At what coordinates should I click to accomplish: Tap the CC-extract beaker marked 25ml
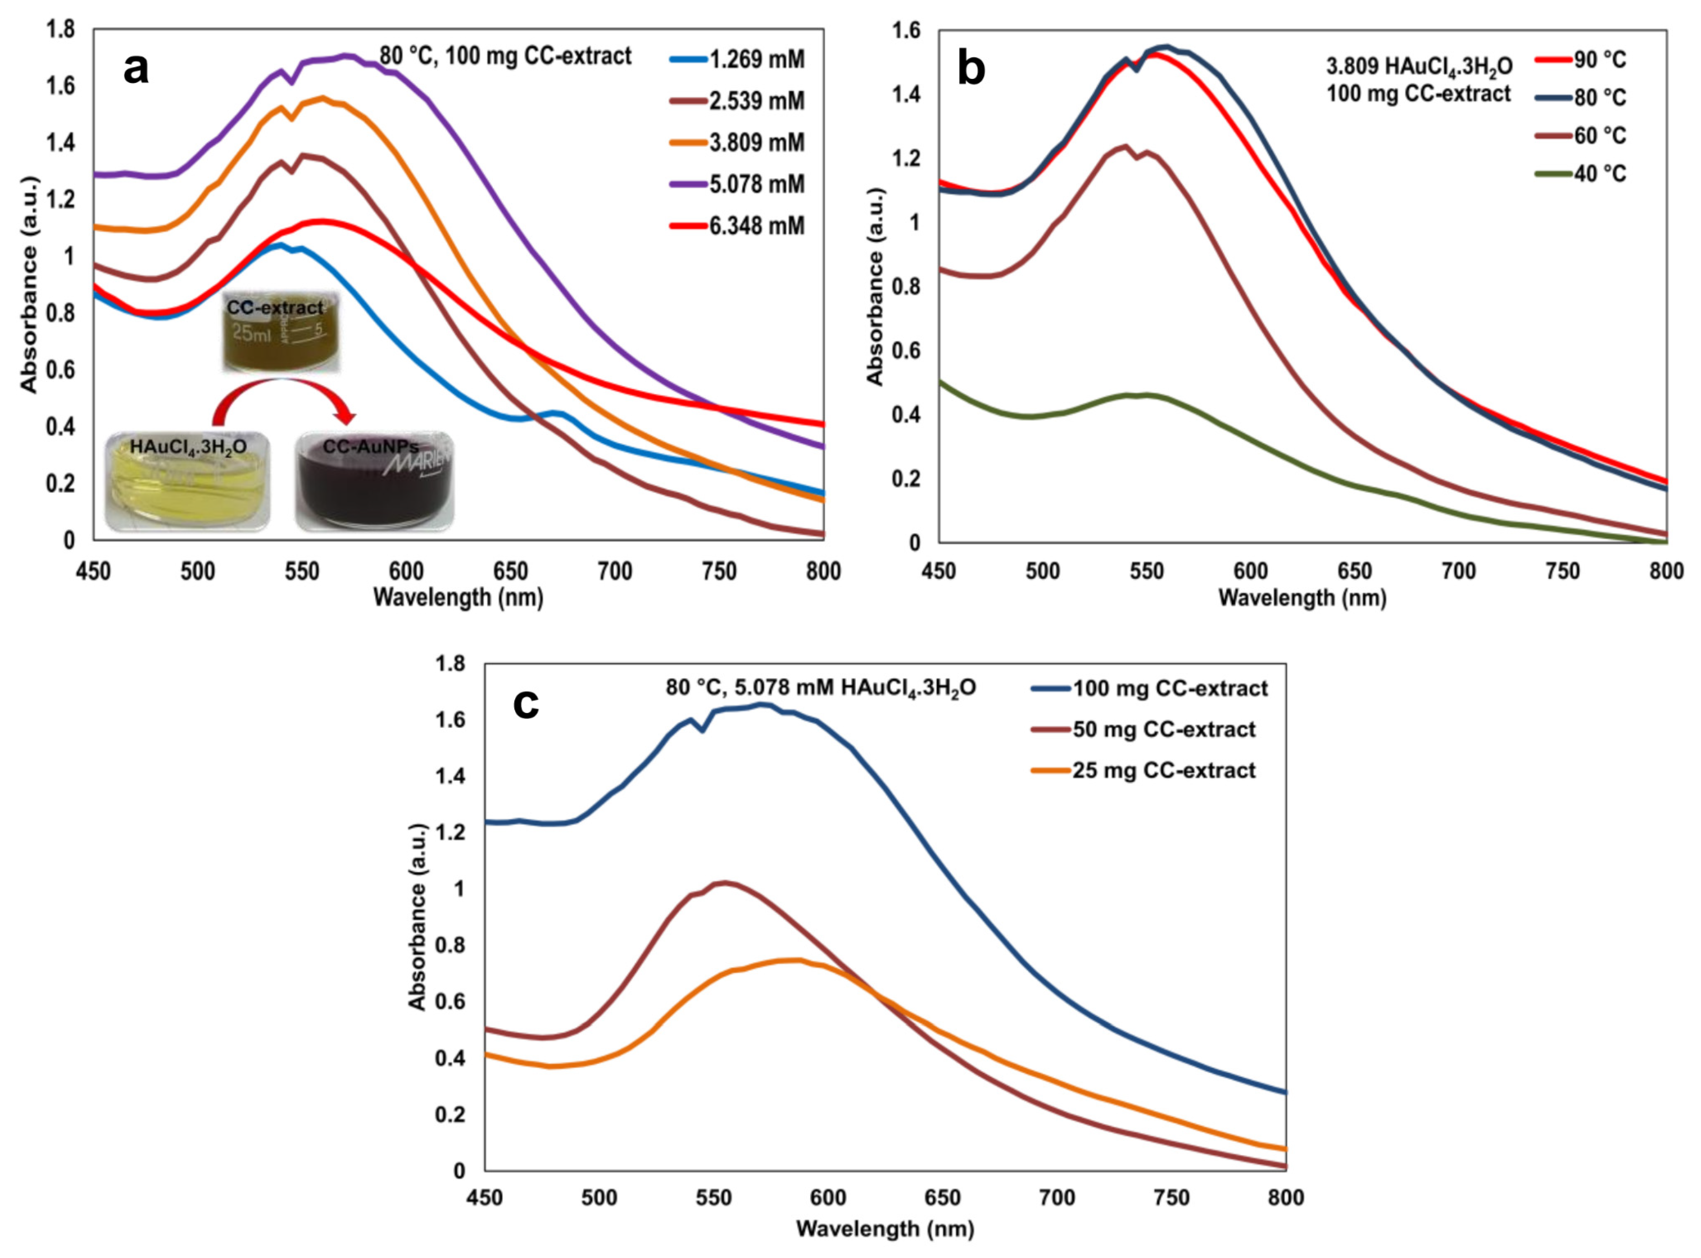(281, 333)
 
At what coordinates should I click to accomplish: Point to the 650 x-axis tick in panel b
(1355, 571)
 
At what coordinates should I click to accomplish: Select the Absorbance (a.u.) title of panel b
(875, 286)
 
